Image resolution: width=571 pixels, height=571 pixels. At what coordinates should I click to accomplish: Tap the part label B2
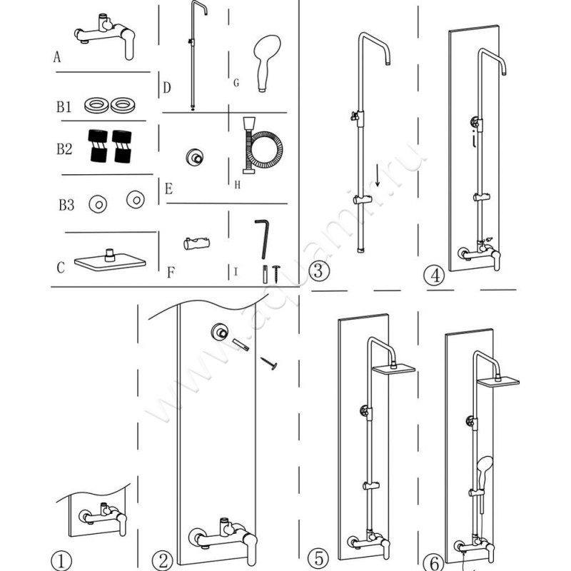[65, 150]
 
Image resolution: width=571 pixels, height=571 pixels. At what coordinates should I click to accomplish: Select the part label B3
[66, 206]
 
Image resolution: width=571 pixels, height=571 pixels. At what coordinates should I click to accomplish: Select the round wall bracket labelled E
[193, 156]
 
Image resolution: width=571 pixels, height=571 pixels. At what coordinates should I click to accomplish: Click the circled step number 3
[318, 271]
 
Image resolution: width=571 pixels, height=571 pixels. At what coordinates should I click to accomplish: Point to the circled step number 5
[318, 557]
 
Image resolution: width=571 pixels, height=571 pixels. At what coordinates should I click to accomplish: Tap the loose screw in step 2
[269, 364]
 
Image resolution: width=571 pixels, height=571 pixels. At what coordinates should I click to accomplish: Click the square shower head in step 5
[393, 369]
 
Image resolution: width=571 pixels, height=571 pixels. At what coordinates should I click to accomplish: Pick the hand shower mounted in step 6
[484, 466]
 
